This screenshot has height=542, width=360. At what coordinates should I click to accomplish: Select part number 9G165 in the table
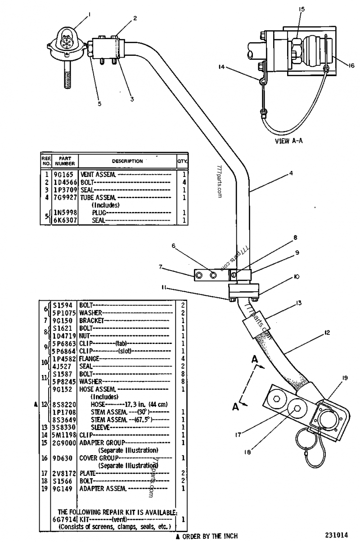66,173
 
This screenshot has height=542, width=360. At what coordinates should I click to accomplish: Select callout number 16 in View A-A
351,64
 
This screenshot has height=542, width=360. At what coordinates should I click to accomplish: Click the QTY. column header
183,161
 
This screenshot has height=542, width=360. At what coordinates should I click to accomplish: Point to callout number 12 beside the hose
327,333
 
